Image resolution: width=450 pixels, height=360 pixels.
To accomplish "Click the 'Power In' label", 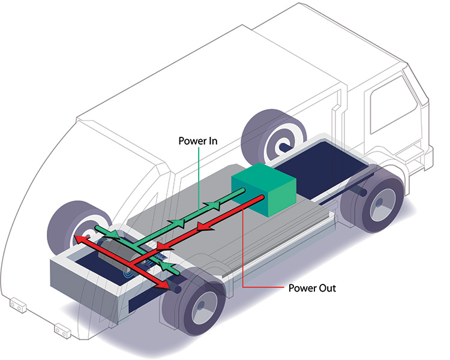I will pos(197,142).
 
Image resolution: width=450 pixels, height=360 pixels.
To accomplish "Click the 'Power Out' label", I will pos(312,288).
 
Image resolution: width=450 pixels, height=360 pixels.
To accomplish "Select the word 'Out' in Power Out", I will pos(328,288).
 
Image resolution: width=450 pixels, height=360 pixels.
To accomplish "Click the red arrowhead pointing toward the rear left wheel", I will pos(78,239).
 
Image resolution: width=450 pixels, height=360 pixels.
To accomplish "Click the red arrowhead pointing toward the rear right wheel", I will pos(164,286).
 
